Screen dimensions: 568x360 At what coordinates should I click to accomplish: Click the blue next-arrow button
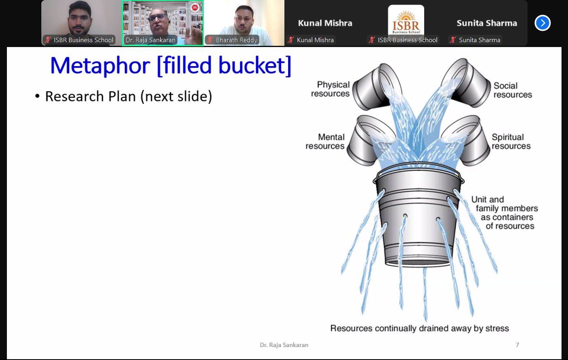(x=542, y=23)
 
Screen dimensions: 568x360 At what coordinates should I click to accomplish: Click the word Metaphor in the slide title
(x=100, y=66)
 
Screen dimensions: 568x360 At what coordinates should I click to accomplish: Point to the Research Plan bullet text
(x=128, y=96)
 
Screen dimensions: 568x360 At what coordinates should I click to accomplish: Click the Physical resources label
(x=331, y=89)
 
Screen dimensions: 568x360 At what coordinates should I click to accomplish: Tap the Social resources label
(x=512, y=90)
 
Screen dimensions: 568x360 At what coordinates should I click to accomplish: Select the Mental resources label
(x=325, y=141)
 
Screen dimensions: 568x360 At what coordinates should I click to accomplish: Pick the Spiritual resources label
(x=511, y=141)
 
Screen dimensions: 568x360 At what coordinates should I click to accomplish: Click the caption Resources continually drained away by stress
(x=420, y=328)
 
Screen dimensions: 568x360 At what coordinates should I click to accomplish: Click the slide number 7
(x=517, y=345)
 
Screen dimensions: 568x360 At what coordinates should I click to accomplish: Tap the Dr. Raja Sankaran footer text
(x=284, y=345)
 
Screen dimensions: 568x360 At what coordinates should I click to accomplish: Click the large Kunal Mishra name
(x=325, y=23)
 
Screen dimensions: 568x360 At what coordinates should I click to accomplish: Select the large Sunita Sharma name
(x=487, y=23)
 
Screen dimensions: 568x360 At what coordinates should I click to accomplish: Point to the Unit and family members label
(x=505, y=212)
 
